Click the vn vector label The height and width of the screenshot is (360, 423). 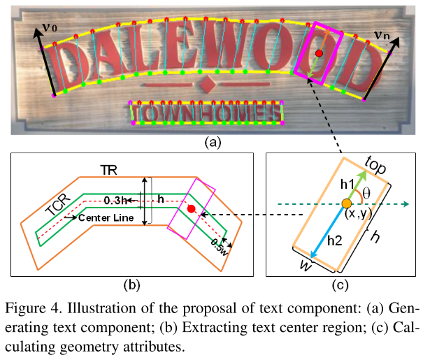pos(382,33)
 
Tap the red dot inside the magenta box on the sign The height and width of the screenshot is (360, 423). pos(319,53)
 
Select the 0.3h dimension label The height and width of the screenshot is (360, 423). pos(116,201)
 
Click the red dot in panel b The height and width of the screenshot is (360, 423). pos(190,208)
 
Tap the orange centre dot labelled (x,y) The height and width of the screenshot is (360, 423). pos(345,204)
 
